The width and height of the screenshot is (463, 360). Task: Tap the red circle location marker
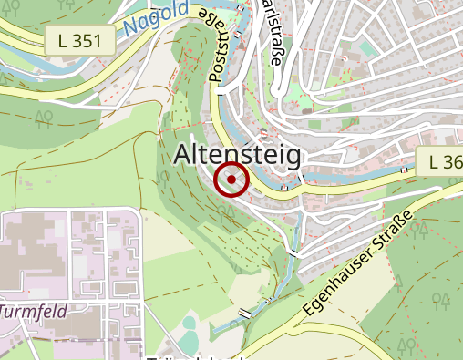[x=231, y=180]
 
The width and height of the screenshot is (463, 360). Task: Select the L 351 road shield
[x=80, y=39]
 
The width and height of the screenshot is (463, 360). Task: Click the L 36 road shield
[x=442, y=162]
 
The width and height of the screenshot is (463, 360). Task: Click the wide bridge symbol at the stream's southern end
[x=243, y=314]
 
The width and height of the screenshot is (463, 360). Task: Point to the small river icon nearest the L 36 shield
[x=406, y=170]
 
